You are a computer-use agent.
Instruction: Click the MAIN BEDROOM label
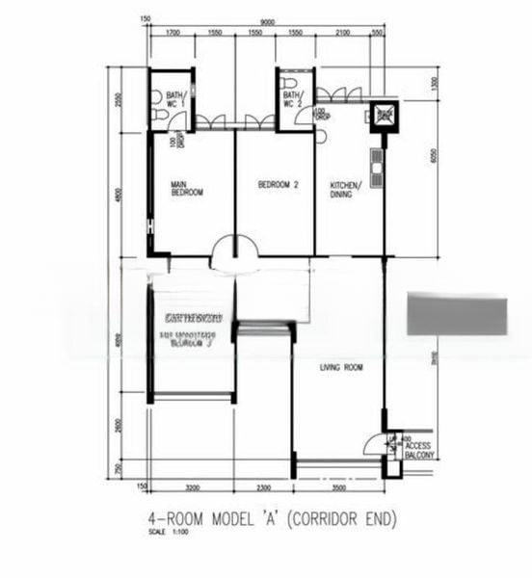[x=187, y=189]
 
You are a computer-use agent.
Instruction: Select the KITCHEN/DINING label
[x=346, y=189]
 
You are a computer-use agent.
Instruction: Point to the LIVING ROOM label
[x=341, y=367]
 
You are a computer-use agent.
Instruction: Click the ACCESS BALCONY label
[x=419, y=451]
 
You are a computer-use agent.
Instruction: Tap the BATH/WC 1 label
[x=175, y=100]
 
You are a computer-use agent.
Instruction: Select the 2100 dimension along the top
[x=342, y=34]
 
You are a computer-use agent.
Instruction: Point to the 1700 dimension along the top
[x=173, y=34]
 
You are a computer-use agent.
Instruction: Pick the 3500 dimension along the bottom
[x=338, y=488]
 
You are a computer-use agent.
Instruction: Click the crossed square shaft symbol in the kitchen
[x=384, y=116]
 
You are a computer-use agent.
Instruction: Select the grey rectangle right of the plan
[x=456, y=316]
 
